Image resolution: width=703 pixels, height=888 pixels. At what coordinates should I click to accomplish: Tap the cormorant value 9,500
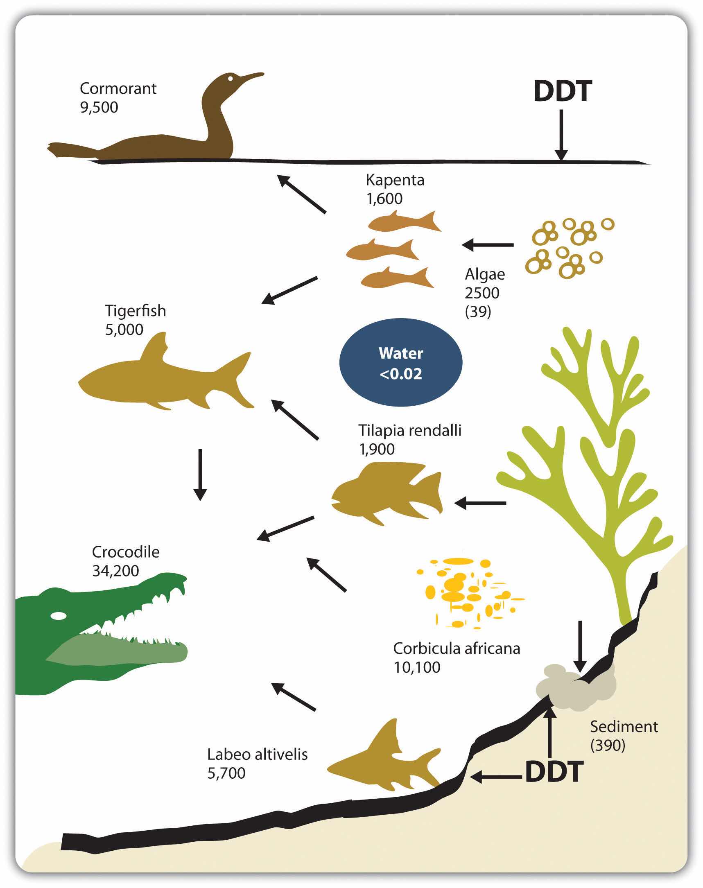coord(99,107)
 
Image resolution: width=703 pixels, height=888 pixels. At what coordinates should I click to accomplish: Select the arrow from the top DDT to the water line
coord(561,136)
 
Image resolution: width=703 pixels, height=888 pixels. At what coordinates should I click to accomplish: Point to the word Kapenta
coord(395,180)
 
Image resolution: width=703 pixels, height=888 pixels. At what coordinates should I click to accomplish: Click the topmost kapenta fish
coord(403,222)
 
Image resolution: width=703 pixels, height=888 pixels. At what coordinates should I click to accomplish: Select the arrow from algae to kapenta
coord(488,245)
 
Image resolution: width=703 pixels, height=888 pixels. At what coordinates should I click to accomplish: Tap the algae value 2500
coord(482,293)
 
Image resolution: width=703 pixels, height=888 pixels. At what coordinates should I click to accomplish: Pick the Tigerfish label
coord(136,311)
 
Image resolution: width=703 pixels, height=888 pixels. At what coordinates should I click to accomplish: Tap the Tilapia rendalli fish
coord(387,493)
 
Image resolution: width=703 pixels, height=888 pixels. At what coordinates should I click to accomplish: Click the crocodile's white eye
coord(58,616)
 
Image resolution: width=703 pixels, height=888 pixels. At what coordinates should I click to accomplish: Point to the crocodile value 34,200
coord(115,571)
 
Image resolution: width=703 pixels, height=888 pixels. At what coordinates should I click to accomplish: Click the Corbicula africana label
coord(457,648)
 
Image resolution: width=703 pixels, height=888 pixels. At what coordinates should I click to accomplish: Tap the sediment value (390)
coord(608,745)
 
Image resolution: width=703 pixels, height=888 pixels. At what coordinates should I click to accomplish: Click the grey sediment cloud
coord(576,687)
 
